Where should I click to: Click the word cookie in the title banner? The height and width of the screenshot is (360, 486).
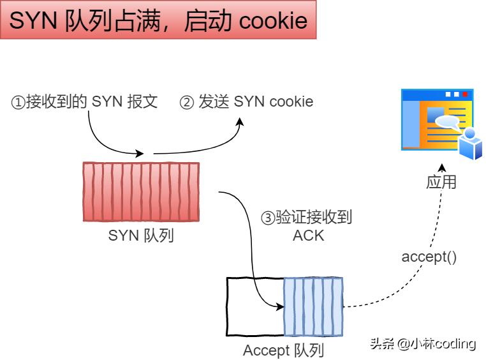[273, 22]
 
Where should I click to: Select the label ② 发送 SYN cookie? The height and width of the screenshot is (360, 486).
[247, 102]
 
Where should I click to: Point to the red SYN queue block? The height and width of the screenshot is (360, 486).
[140, 191]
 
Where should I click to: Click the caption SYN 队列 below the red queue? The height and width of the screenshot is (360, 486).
[141, 236]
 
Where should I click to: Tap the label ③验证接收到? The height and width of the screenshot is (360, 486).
[307, 217]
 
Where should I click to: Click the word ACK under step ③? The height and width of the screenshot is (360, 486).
[308, 236]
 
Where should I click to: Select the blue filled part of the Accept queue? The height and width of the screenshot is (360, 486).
[313, 306]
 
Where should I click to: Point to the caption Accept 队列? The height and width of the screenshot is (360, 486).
[284, 350]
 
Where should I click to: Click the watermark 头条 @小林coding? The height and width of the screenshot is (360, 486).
[423, 343]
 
